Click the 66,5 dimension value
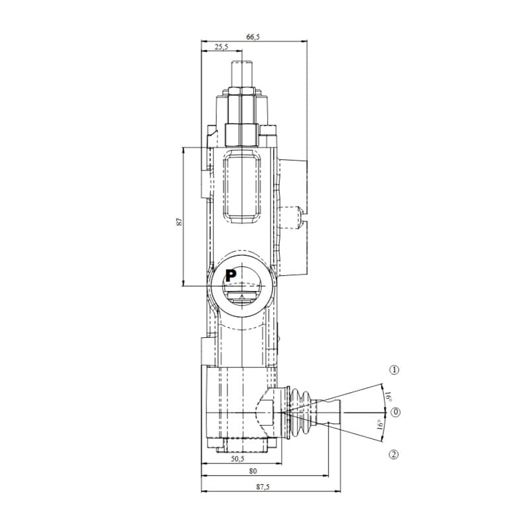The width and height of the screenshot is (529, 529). click(253, 37)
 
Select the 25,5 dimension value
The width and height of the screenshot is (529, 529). click(221, 47)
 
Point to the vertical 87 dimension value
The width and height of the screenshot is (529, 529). click(179, 222)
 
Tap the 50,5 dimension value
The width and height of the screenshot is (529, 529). click(237, 458)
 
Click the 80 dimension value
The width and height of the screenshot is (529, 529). click(253, 471)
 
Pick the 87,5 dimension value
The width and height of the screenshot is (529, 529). click(263, 487)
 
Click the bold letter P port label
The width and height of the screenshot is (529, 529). click(231, 276)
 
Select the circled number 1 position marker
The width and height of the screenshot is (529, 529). click(394, 370)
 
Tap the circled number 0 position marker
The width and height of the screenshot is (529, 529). click(395, 412)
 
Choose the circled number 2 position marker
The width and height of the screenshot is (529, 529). click(393, 454)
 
